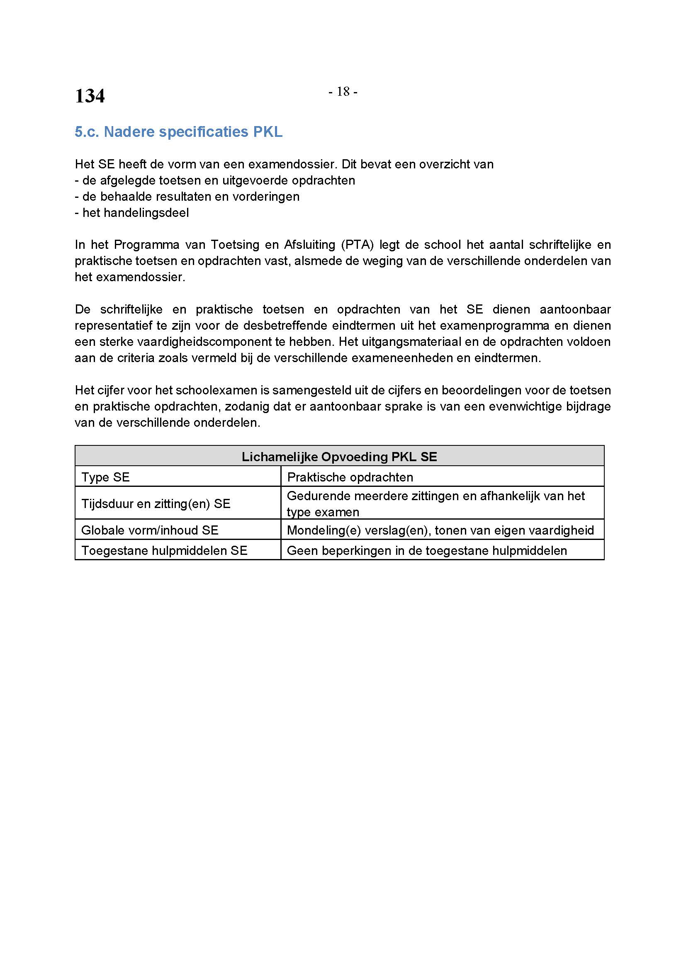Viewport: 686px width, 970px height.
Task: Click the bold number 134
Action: [90, 96]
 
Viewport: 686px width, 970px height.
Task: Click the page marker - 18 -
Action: [343, 92]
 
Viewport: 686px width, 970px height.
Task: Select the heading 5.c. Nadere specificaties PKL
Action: [178, 132]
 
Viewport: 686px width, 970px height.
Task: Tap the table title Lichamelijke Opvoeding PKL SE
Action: [339, 457]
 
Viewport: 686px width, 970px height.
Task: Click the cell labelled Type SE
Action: [106, 477]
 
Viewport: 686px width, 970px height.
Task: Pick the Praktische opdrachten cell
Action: [350, 477]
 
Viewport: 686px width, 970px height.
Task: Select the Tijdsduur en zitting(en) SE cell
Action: [156, 503]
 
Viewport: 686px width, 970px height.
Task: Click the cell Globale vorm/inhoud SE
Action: [150, 530]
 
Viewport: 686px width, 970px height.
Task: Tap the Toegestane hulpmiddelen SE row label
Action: [164, 550]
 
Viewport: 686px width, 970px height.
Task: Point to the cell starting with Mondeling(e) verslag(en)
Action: [440, 530]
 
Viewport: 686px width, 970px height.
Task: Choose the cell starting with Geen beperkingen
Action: [427, 550]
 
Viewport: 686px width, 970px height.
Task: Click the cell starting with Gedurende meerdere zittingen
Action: [435, 503]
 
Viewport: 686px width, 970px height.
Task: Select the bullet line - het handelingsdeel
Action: [132, 212]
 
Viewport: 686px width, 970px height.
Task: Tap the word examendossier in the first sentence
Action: [288, 164]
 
